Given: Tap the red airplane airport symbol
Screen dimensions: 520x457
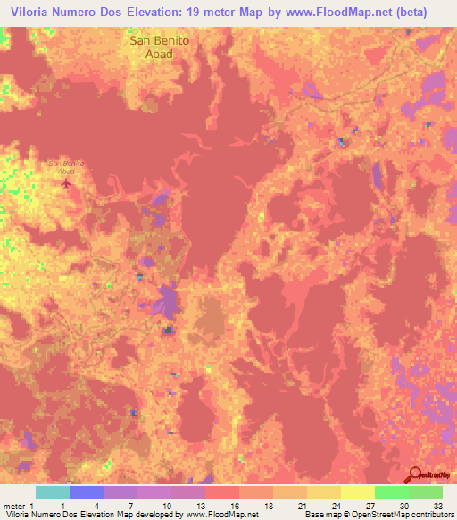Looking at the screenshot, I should point(66,183).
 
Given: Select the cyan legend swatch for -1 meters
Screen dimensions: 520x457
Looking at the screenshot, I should point(52,492).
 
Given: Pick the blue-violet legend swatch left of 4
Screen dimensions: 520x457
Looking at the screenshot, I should point(86,492).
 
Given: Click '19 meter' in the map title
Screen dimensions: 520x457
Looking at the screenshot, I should point(219,13).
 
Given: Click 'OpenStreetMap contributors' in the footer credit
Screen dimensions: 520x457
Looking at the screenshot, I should point(406,515).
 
